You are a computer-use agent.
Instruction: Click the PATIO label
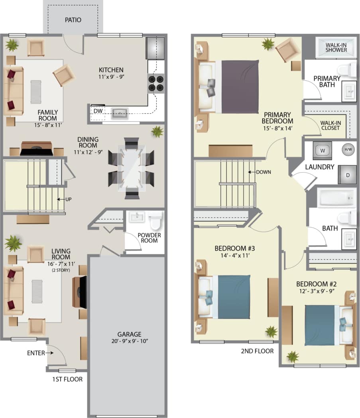click(x=73, y=20)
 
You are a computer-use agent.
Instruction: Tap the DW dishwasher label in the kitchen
click(x=98, y=110)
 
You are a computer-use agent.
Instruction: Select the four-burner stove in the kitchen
click(x=156, y=83)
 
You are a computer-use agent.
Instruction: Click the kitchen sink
click(x=120, y=114)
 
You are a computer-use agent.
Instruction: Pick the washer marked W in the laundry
click(x=323, y=151)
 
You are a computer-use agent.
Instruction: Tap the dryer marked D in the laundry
click(x=346, y=175)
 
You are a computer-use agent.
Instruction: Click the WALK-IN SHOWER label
click(x=336, y=47)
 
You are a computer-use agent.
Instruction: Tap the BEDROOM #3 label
click(x=229, y=248)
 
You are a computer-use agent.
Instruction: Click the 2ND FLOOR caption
click(x=257, y=351)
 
